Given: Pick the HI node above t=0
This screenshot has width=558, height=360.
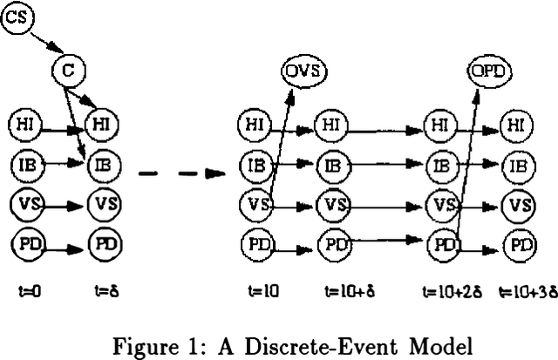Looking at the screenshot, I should click(25, 123).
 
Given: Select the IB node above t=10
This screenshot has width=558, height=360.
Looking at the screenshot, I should click(256, 164).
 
